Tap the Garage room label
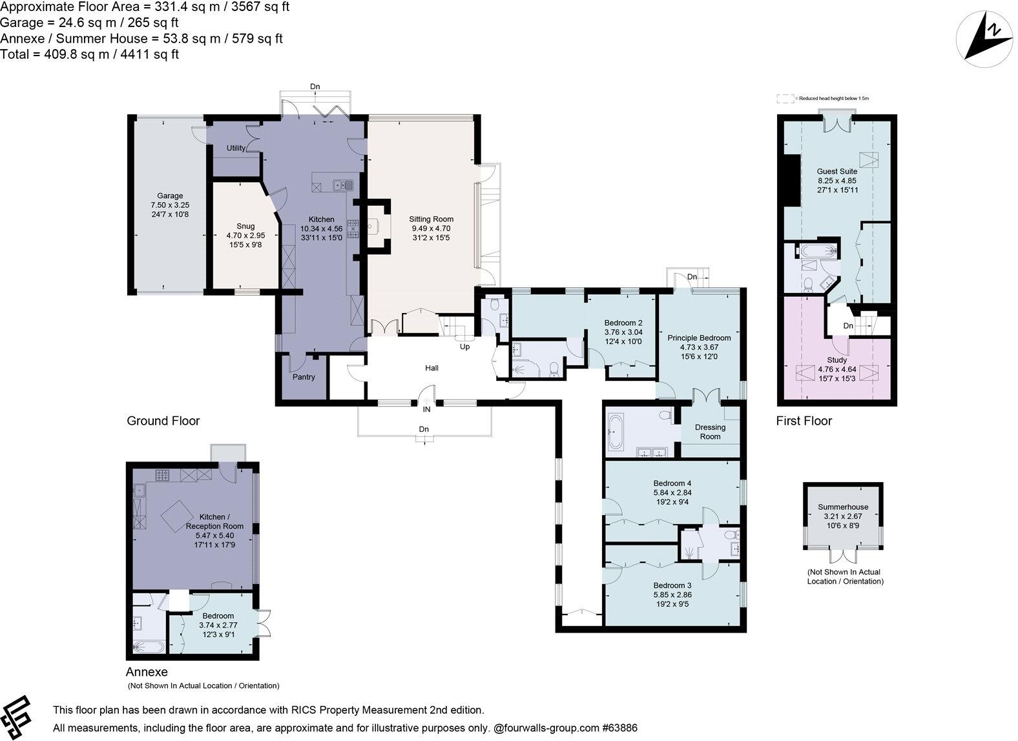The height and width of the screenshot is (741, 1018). (x=170, y=196)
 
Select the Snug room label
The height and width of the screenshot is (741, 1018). (x=245, y=226)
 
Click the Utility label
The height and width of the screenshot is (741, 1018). (x=236, y=148)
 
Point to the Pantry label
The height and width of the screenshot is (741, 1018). (x=304, y=377)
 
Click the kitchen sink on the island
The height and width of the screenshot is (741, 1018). (x=343, y=185)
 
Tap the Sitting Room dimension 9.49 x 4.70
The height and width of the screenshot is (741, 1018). (x=431, y=228)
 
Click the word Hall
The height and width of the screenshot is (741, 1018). (x=431, y=368)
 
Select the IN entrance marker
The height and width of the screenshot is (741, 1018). (x=426, y=409)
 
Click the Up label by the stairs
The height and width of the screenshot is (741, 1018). (x=464, y=347)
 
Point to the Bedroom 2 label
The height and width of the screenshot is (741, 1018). (x=623, y=323)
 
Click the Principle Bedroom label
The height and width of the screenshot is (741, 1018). (x=699, y=338)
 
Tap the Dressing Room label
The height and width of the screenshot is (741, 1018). (x=710, y=432)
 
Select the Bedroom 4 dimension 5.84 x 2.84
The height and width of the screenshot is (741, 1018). (x=672, y=492)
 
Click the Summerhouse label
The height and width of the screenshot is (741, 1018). (x=843, y=507)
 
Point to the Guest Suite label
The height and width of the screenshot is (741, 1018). (x=836, y=171)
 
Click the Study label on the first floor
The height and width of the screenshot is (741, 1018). (x=836, y=360)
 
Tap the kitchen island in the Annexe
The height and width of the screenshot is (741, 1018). (x=178, y=516)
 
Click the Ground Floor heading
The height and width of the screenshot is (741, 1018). (x=163, y=421)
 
